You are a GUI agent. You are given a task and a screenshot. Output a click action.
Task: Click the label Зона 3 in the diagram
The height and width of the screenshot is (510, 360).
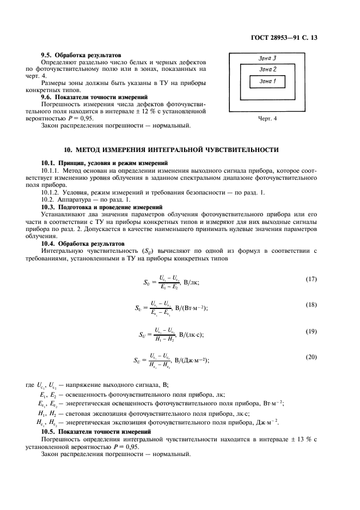click(x=267, y=58)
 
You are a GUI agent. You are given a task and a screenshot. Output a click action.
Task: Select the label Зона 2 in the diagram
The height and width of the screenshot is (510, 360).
click(x=267, y=69)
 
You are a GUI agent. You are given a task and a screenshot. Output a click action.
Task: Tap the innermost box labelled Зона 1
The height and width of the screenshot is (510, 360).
click(x=267, y=81)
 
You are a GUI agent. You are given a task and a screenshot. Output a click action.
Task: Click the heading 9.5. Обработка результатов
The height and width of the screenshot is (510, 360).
click(x=81, y=55)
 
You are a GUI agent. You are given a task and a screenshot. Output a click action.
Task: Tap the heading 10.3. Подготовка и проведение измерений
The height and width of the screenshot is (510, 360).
click(x=102, y=207)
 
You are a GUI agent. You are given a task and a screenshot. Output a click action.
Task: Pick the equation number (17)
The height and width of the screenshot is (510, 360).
click(x=311, y=280)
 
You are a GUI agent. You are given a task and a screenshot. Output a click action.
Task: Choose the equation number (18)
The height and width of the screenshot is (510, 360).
click(x=311, y=305)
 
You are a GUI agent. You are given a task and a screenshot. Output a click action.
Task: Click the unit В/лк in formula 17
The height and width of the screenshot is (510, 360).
click(x=192, y=282)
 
